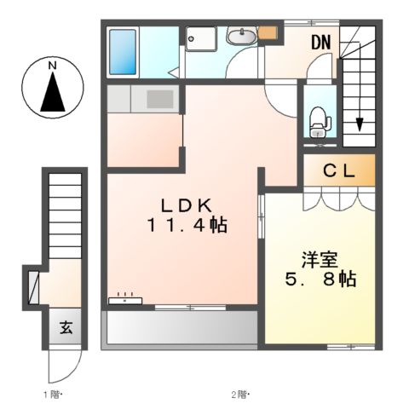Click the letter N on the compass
(x=52, y=65)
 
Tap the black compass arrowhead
(x=52, y=91)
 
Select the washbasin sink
(x=241, y=37)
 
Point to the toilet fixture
(x=319, y=118)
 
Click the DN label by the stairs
(x=320, y=42)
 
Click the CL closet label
(x=338, y=170)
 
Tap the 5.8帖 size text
(x=320, y=278)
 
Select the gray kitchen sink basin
(x=159, y=98)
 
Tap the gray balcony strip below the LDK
(x=180, y=327)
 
